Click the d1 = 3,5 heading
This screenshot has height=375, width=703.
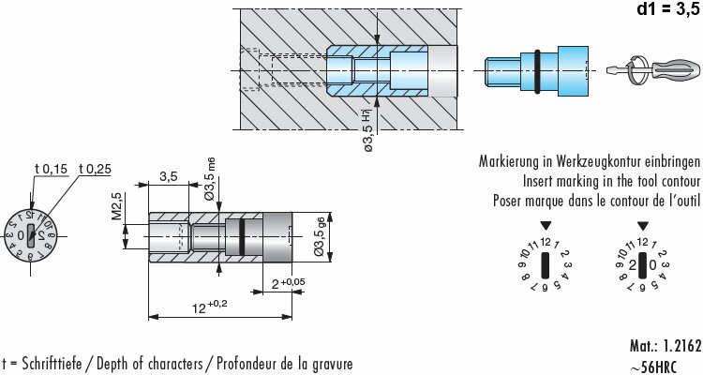(x=659, y=11)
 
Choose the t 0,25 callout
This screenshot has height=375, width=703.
(x=96, y=169)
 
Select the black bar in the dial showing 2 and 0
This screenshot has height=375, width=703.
(x=643, y=264)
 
